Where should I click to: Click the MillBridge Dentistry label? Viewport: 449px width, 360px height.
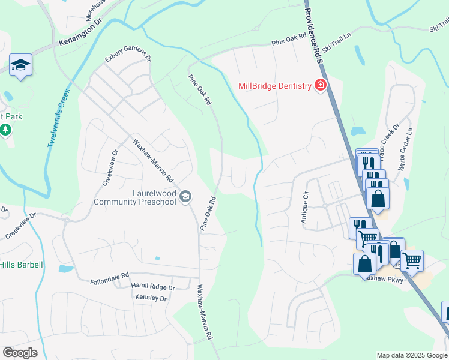click(274, 86)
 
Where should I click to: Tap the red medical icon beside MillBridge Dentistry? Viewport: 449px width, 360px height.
click(321, 86)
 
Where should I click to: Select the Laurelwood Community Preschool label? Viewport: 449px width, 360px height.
click(136, 197)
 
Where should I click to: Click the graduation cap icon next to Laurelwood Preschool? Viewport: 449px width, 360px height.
click(185, 196)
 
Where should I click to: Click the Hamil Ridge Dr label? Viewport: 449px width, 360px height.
click(153, 287)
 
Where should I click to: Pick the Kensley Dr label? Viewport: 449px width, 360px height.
click(151, 298)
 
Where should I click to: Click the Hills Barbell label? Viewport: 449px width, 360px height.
click(22, 265)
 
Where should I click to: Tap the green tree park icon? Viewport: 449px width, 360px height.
click(5, 129)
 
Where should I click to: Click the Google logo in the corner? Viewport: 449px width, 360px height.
click(20, 353)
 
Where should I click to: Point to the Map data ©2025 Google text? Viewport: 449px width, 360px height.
click(411, 355)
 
